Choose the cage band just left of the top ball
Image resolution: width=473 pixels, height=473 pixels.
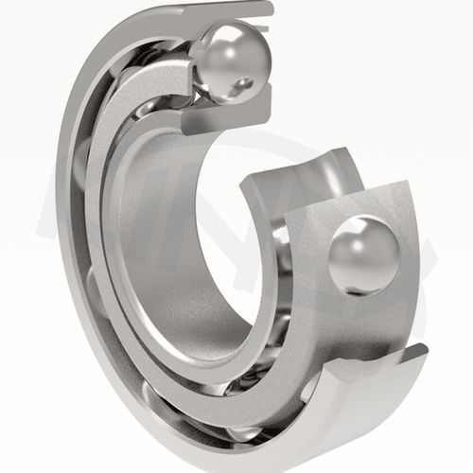(184, 85)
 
